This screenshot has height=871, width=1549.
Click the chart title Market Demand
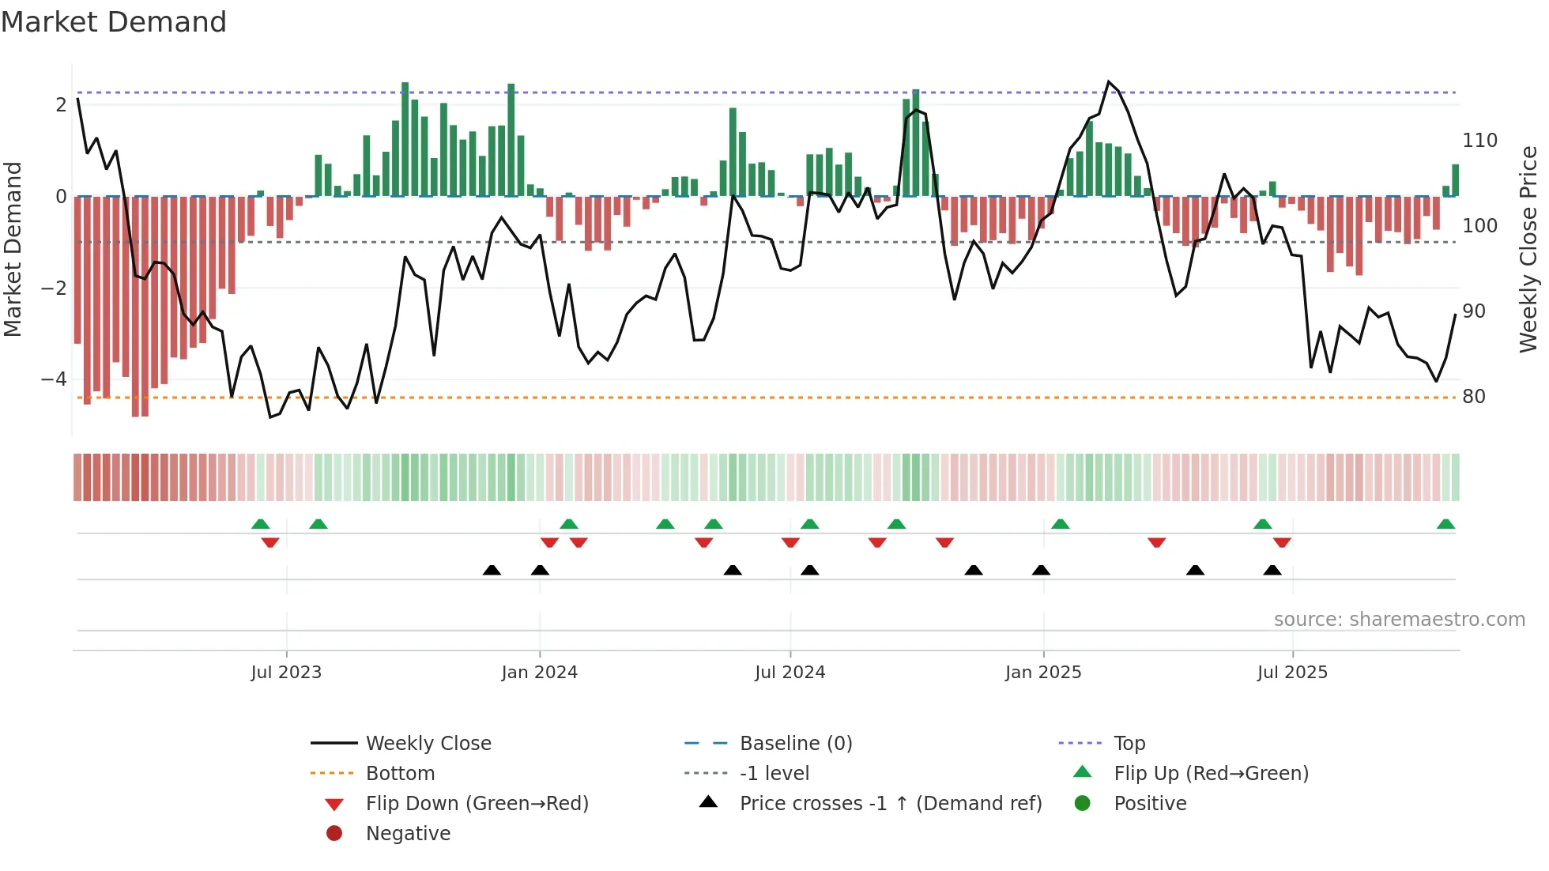tap(114, 22)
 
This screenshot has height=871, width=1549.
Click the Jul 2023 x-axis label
tap(286, 672)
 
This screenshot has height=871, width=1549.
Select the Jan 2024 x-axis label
tap(539, 672)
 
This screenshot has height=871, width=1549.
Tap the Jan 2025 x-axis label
tap(1042, 672)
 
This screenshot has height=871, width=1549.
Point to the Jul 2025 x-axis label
tap(1292, 672)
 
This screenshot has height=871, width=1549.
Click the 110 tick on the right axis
tap(1479, 141)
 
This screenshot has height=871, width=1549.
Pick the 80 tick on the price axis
tap(1473, 397)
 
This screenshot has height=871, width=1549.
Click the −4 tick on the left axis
tap(54, 379)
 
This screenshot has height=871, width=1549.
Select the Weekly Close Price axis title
tap(1528, 249)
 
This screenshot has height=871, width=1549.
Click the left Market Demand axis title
tap(13, 249)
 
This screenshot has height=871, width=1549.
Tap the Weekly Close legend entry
tap(428, 743)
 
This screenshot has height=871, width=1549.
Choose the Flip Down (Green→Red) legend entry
tap(477, 803)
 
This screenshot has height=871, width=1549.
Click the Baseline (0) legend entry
tap(795, 743)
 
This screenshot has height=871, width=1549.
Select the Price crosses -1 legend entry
tap(890, 803)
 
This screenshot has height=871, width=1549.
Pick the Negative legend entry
tap(408, 833)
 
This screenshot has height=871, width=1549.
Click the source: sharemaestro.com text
tap(1399, 619)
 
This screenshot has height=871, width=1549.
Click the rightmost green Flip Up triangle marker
tap(1445, 524)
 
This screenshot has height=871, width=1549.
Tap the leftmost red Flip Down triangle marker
tap(270, 542)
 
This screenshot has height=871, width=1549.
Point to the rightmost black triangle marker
tap(1272, 570)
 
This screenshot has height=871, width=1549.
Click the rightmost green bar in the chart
tap(1455, 180)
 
